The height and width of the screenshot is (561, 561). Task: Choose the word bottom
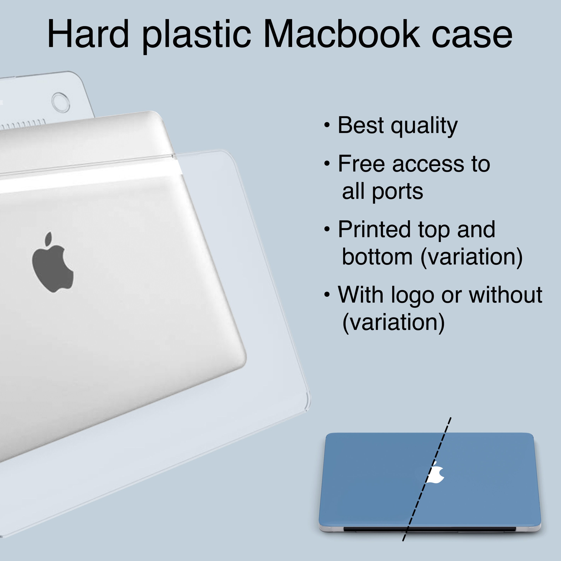pos(377,257)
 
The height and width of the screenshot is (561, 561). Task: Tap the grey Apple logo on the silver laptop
pos(52,263)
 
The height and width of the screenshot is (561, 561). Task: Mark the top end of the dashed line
pos(451,418)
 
